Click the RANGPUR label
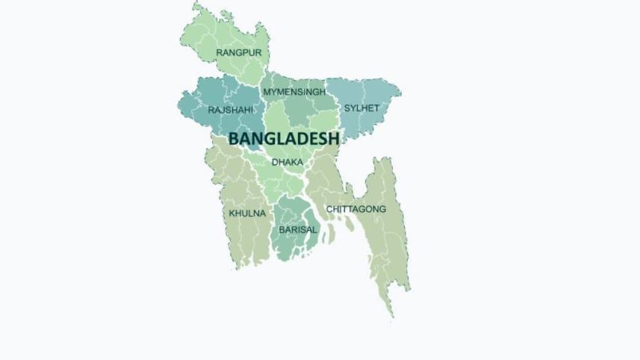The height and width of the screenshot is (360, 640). click(x=239, y=52)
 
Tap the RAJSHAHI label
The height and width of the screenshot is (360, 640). click(x=231, y=110)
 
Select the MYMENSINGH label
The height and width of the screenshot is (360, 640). click(x=294, y=92)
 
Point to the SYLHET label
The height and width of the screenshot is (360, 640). click(x=361, y=108)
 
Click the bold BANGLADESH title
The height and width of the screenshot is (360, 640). click(x=284, y=139)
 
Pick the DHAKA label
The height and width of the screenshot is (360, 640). click(x=288, y=161)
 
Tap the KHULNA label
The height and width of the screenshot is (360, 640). click(x=247, y=214)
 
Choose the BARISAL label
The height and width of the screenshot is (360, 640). click(x=298, y=230)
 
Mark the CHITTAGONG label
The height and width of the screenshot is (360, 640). click(x=356, y=209)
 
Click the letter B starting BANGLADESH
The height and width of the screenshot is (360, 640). click(x=234, y=139)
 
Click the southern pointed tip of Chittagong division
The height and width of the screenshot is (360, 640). click(x=390, y=316)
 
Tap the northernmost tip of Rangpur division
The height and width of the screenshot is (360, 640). click(x=196, y=4)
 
